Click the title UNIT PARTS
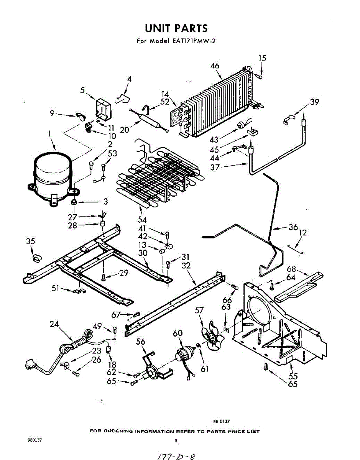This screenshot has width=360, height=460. coord(176,28)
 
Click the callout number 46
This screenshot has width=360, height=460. coord(215,66)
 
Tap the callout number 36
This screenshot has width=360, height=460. coord(293,227)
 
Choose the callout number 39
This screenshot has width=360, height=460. coord(314,102)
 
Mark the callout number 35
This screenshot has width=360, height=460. coord(30,242)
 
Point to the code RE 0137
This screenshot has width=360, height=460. coord(222,421)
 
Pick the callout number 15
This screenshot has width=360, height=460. coord(262,58)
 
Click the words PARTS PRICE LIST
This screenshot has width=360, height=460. coord(233,431)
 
